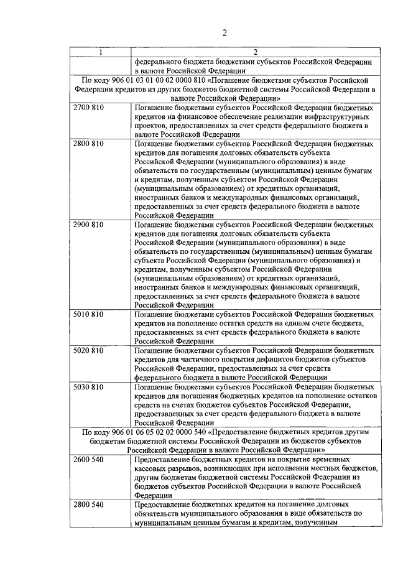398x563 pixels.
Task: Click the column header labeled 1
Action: pyautogui.click(x=99, y=52)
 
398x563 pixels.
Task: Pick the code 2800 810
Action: pyautogui.click(x=88, y=144)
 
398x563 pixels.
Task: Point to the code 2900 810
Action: pyautogui.click(x=88, y=225)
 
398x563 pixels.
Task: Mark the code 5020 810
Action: pyautogui.click(x=88, y=350)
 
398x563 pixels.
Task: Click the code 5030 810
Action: pyautogui.click(x=88, y=386)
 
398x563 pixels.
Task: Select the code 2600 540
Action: pyautogui.click(x=88, y=459)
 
